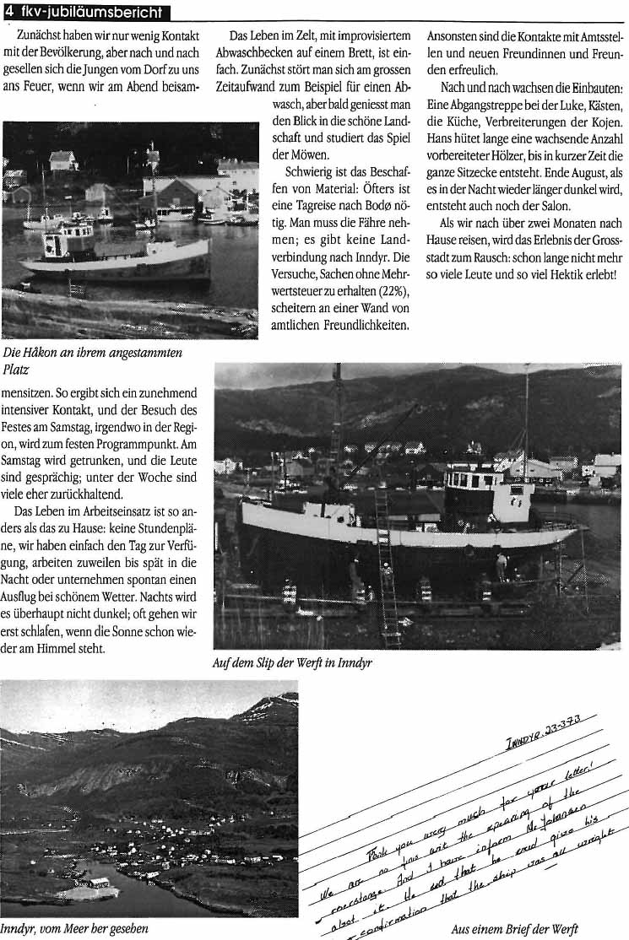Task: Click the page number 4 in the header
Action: coord(8,11)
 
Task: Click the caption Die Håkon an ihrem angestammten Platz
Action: coord(93,360)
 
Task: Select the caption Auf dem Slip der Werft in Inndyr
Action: coord(292,662)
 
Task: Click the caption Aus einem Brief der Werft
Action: coord(515,929)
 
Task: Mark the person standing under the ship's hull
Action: coord(502,565)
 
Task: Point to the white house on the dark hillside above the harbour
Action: coord(62,160)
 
